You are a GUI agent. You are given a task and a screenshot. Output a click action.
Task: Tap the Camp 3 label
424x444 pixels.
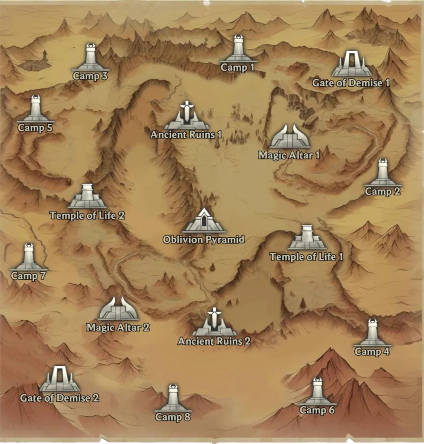[90, 76]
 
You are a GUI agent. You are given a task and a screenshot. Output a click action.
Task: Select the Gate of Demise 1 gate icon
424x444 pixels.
[351, 64]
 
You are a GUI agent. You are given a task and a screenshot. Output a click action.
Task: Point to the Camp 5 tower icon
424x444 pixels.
[36, 109]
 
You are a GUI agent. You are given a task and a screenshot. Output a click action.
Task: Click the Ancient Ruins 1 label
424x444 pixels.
[186, 134]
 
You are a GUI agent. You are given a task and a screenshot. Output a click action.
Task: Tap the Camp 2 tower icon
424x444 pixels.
[382, 173]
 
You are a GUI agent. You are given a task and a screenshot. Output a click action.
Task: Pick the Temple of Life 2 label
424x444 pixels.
[87, 215]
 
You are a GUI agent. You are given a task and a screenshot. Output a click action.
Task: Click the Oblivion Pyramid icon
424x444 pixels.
[204, 221]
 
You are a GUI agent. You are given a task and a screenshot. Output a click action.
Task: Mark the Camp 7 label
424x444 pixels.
[28, 276]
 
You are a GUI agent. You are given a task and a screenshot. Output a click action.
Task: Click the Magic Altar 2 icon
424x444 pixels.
[118, 309]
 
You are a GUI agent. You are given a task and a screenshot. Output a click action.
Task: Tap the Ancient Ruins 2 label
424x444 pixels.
[214, 341]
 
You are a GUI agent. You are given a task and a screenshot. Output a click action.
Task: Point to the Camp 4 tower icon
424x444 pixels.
[372, 333]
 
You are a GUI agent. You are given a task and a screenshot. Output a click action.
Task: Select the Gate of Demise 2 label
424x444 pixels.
[60, 398]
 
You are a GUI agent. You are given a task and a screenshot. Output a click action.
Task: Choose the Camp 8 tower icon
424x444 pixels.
[173, 398]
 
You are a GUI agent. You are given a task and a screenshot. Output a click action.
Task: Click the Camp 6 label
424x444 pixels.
[317, 410]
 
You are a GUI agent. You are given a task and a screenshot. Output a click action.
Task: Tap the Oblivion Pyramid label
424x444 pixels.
[204, 240]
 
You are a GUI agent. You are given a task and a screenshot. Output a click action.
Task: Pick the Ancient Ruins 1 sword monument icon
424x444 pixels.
[186, 116]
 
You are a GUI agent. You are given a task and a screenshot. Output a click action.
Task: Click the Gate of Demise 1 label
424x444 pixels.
[351, 83]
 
